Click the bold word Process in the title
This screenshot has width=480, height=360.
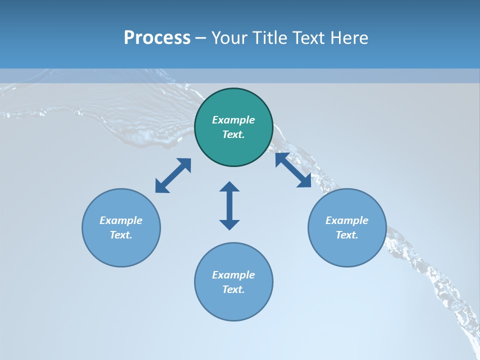point(157,38)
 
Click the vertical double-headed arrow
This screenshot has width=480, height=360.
point(229,205)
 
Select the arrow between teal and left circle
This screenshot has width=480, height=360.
point(173,175)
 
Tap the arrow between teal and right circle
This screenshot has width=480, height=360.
point(293,170)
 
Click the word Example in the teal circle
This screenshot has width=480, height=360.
point(233,120)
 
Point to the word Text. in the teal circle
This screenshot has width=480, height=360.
point(233,134)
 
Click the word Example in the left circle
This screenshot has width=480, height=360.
point(121,220)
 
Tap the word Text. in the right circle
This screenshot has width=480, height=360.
point(347,235)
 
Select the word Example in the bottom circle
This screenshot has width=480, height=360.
point(233,275)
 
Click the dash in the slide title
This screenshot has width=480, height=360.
point(201,38)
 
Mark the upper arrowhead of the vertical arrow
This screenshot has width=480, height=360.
point(229,187)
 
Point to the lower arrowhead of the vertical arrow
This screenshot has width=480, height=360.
point(229,224)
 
